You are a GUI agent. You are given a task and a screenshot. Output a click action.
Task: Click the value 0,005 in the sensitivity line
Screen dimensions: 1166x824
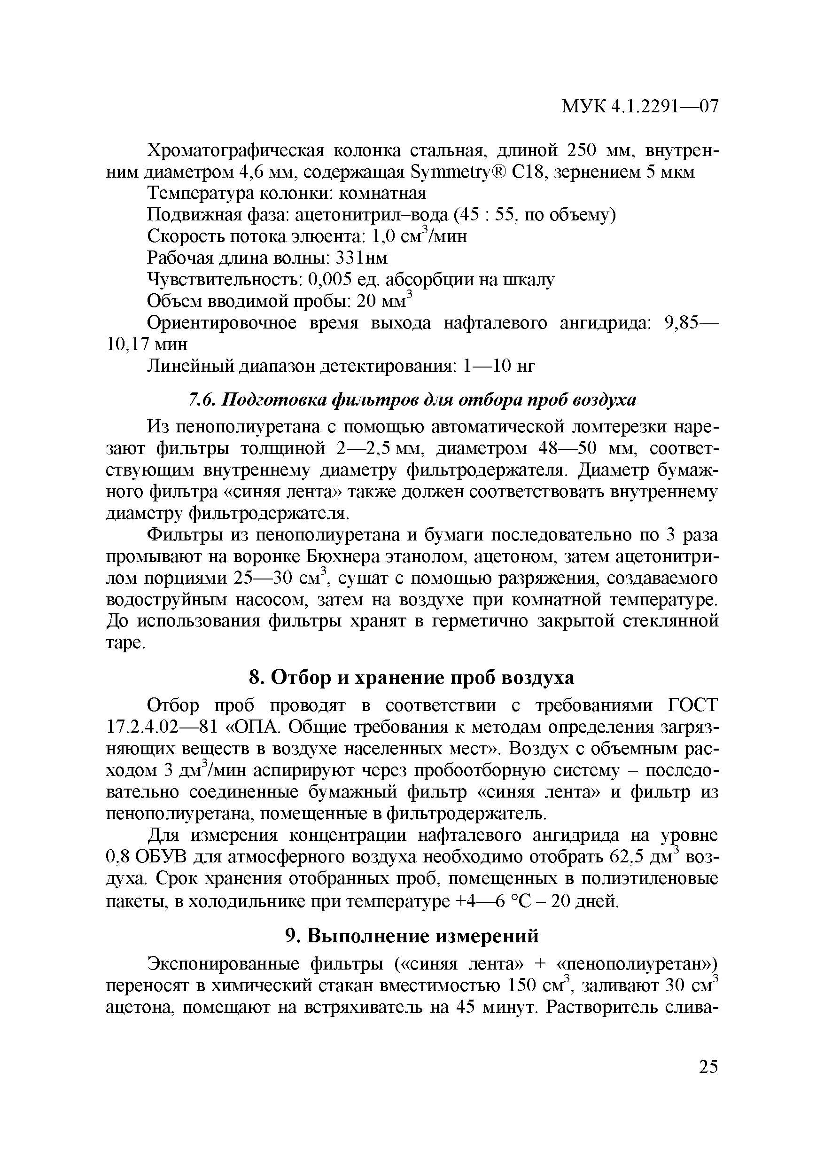click(334, 280)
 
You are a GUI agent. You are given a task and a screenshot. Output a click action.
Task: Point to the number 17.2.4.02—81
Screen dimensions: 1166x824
click(158, 727)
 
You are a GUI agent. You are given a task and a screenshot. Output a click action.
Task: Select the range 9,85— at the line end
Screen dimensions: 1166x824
click(691, 323)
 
